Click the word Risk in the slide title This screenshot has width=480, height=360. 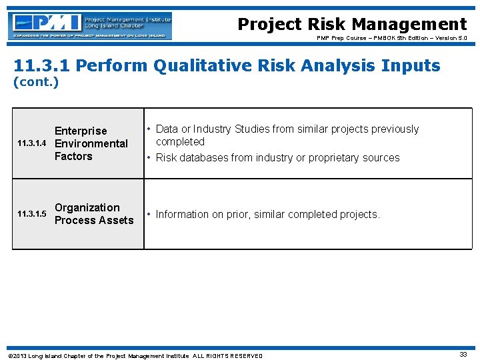[x=327, y=25]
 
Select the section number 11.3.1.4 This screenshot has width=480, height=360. [x=31, y=144]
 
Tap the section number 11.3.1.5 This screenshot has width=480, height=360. [x=31, y=214]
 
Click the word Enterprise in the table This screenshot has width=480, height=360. [x=81, y=131]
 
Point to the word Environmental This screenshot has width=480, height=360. [x=91, y=143]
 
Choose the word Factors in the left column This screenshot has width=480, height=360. [x=73, y=156]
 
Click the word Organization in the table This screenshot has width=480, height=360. [x=87, y=207]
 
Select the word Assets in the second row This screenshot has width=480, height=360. [x=115, y=220]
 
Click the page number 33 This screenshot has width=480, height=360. [x=463, y=355]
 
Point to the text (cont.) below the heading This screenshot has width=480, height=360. [x=36, y=83]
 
